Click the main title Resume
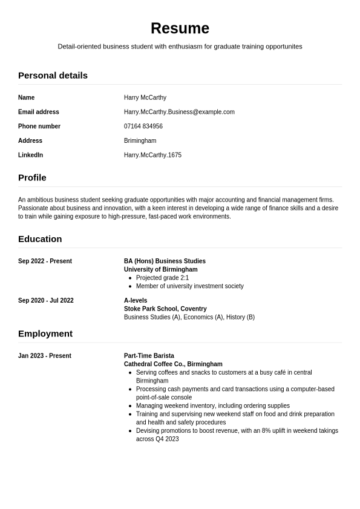tap(180, 28)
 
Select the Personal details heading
tap(53, 76)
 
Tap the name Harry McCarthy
tap(145, 97)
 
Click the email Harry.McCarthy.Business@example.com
tap(179, 112)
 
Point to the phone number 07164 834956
tap(143, 126)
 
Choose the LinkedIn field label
tap(30, 155)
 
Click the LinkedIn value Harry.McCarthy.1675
tap(152, 155)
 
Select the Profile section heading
tap(32, 178)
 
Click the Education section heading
tap(40, 239)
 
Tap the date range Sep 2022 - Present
tap(45, 261)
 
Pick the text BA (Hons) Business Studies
tap(165, 261)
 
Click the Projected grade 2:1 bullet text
tap(162, 278)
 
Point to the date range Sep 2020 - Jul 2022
tap(46, 301)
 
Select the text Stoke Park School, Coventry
tap(165, 309)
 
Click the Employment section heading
tap(45, 333)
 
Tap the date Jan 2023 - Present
tap(45, 356)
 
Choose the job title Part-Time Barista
tap(149, 356)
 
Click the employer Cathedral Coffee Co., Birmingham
tap(173, 364)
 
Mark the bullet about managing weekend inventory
tap(212, 406)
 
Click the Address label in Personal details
tap(30, 141)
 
